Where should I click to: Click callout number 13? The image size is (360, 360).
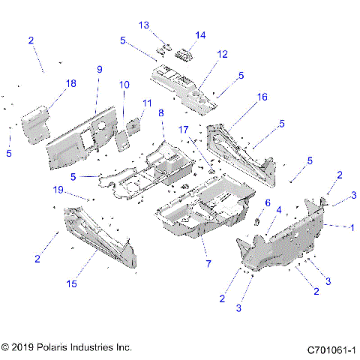144,25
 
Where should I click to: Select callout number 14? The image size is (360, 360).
200,35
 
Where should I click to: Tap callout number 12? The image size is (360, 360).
223,55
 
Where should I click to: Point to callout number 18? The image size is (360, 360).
71,84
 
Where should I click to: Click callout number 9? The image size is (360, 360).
98,70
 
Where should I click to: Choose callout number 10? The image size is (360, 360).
124,85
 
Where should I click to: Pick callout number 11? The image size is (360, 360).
147,103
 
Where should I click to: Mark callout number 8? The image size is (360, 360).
160,113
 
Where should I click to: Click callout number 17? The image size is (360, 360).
184,130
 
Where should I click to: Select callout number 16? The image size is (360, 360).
262,97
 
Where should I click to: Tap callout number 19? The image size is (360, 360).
79,190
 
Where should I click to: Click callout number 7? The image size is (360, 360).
208,264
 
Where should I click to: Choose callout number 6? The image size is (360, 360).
267,203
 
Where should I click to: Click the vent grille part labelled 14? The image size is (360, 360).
183,54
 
